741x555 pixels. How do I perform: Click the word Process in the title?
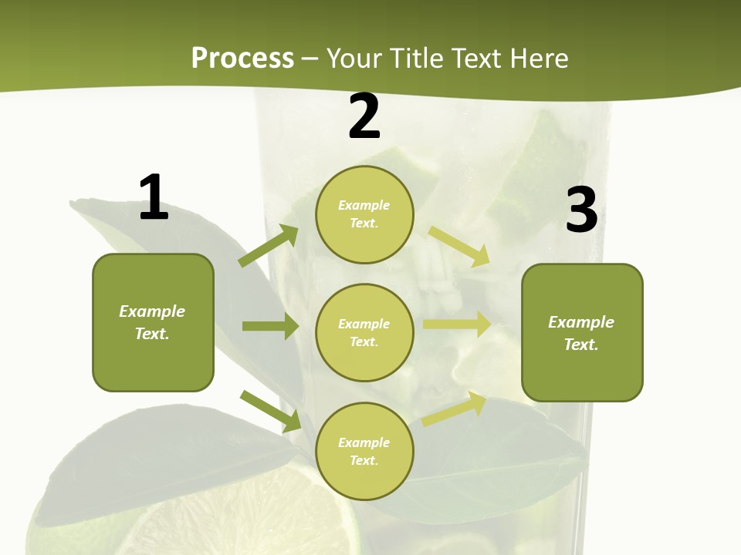coord(242,59)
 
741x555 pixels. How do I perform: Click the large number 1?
coord(154,198)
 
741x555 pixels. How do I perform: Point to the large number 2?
coord(364,117)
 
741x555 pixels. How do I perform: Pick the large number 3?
coord(581,210)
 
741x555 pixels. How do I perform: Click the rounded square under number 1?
coord(153,322)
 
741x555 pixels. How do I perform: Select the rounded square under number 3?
coord(582,332)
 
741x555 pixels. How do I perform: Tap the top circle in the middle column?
coord(364,214)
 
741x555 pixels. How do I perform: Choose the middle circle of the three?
coord(364,332)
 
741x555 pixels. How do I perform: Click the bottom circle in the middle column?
coord(364,451)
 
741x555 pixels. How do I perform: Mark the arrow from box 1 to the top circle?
coord(269,246)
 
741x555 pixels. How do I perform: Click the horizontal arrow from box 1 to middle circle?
coord(270,326)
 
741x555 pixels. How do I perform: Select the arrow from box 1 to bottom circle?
coord(271,411)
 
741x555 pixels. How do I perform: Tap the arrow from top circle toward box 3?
coord(459,246)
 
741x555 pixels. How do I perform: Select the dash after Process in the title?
coord(310,59)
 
